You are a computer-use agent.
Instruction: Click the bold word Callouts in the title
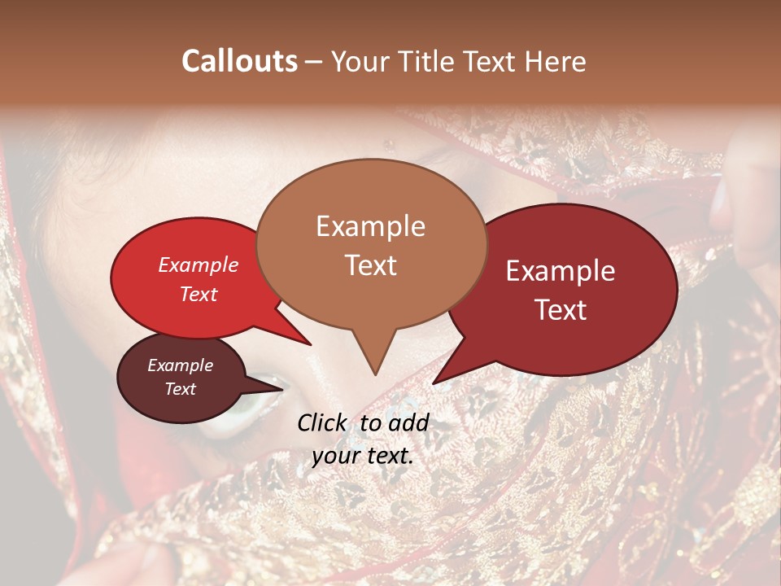[239, 61]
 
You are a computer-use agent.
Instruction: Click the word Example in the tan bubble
[371, 226]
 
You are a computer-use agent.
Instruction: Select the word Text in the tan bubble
[371, 265]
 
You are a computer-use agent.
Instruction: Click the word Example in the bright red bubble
[199, 265]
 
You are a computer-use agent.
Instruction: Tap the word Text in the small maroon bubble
[181, 389]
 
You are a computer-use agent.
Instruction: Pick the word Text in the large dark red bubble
[561, 310]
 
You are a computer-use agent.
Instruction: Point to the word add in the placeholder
[408, 422]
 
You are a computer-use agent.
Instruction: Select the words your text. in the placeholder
[363, 456]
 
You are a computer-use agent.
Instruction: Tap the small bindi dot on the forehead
[389, 146]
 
